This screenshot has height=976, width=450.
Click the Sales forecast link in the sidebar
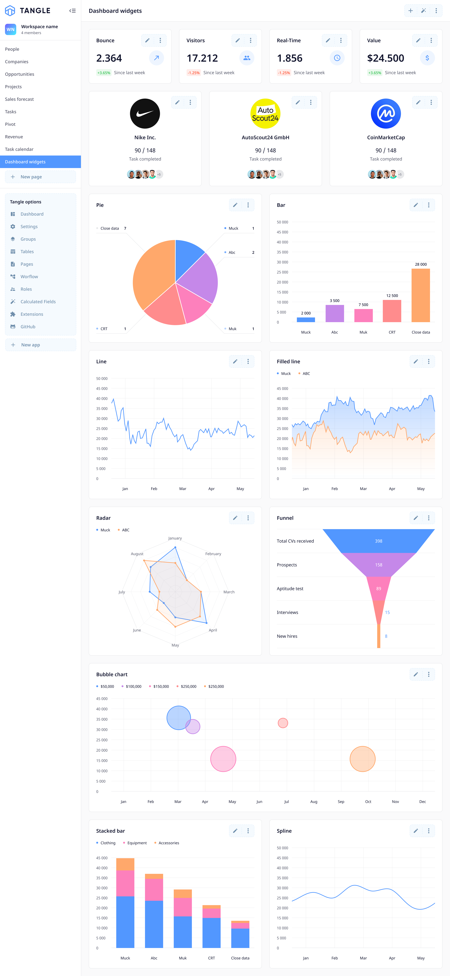(19, 99)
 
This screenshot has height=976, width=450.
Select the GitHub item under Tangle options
(28, 327)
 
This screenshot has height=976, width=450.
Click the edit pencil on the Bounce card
(147, 41)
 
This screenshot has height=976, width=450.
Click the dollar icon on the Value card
(427, 58)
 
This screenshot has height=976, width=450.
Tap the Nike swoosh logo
(145, 114)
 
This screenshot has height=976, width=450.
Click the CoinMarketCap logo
(386, 114)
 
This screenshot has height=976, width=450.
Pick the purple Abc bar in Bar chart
(335, 313)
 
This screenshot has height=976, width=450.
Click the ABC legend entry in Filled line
(306, 374)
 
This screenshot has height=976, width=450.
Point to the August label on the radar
(137, 554)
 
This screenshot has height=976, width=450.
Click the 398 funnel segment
(378, 541)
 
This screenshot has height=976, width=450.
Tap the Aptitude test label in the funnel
(290, 589)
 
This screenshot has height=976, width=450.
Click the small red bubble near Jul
(283, 723)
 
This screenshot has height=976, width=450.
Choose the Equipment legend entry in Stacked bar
(137, 843)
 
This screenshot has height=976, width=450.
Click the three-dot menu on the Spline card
(428, 831)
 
